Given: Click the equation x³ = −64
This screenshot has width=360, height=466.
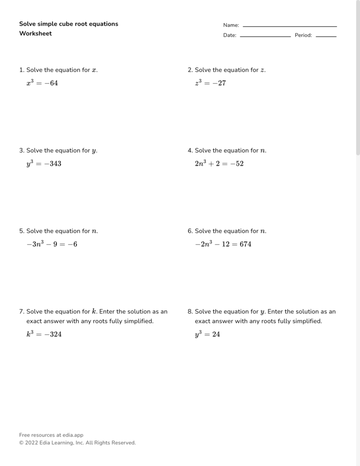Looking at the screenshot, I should pyautogui.click(x=42, y=83).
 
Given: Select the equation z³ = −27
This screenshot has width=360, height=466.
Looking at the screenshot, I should pyautogui.click(x=210, y=83).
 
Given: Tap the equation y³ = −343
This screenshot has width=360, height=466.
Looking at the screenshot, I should pyautogui.click(x=44, y=164).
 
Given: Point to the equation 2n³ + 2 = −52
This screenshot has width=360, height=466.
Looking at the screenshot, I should pyautogui.click(x=219, y=164).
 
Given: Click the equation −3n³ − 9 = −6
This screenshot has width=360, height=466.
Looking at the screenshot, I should pyautogui.click(x=52, y=244).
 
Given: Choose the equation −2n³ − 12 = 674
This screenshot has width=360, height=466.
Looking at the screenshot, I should pyautogui.click(x=223, y=244).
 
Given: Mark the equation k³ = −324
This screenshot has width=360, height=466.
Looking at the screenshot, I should pyautogui.click(x=44, y=334).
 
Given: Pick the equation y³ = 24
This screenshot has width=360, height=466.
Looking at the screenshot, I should pyautogui.click(x=207, y=334).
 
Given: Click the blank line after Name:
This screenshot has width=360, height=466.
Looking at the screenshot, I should pyautogui.click(x=290, y=26).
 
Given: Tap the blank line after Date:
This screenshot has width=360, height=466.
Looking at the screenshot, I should pyautogui.click(x=265, y=36).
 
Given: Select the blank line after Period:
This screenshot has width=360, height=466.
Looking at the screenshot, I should pyautogui.click(x=326, y=36).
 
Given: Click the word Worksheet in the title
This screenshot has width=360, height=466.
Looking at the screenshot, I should pyautogui.click(x=36, y=34).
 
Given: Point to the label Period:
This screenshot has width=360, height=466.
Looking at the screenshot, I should pyautogui.click(x=303, y=35).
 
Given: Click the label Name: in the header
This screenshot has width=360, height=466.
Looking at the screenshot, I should pyautogui.click(x=231, y=25).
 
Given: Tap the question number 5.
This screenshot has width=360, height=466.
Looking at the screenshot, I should pyautogui.click(x=21, y=231).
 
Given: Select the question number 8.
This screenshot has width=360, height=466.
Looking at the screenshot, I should pyautogui.click(x=189, y=311).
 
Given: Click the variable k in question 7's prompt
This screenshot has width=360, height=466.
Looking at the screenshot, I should pyautogui.click(x=94, y=311).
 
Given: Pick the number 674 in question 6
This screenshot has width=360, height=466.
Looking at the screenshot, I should pyautogui.click(x=245, y=244).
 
